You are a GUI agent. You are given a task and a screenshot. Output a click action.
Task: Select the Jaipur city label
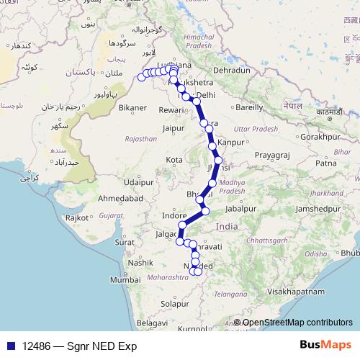[x=174, y=128]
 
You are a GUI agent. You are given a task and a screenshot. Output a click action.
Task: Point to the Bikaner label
[x=132, y=108]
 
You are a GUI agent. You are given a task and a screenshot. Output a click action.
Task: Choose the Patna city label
[x=325, y=163]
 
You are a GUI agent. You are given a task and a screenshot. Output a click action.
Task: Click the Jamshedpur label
[x=311, y=208]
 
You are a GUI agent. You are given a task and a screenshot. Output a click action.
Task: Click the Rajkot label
[x=77, y=217]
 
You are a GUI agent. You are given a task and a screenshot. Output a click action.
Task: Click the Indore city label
[x=174, y=215]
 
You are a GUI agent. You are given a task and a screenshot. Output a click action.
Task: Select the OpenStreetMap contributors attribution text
[x=297, y=323]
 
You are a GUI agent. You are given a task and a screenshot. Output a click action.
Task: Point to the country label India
[x=227, y=226]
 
